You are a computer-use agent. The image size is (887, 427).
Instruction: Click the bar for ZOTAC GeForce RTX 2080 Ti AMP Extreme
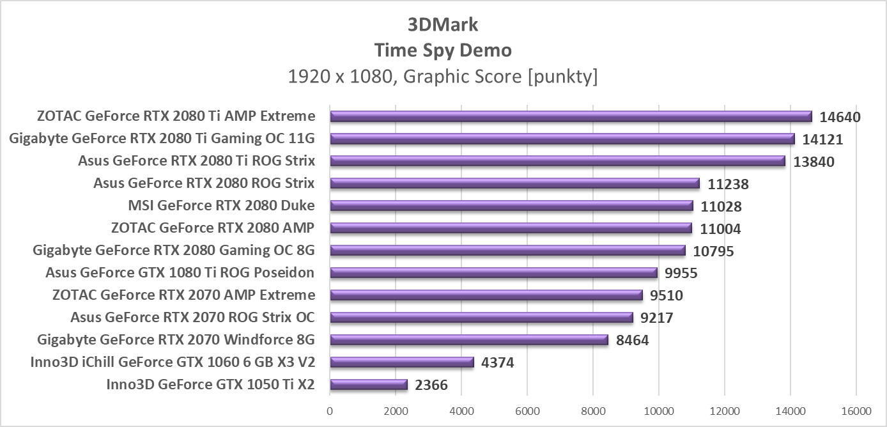[571, 116]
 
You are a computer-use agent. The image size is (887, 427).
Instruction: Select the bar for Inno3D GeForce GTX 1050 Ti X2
[369, 385]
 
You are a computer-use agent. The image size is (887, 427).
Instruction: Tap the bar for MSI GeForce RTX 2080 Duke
[511, 206]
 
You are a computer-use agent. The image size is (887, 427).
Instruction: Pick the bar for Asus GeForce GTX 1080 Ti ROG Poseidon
[493, 273]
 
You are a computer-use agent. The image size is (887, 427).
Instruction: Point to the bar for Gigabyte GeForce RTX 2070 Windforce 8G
[469, 340]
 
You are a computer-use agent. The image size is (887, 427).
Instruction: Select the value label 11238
[728, 184]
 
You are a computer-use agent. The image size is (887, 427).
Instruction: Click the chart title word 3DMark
[443, 24]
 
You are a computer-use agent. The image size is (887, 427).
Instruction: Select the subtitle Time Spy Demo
[443, 50]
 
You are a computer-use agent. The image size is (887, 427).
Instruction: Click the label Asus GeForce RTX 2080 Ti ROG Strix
[196, 160]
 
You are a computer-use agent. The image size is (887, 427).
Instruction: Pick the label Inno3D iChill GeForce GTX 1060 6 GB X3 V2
[173, 362]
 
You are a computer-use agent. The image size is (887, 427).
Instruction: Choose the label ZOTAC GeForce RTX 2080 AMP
[212, 228]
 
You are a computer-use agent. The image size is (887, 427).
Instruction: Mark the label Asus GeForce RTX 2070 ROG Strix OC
[192, 317]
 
